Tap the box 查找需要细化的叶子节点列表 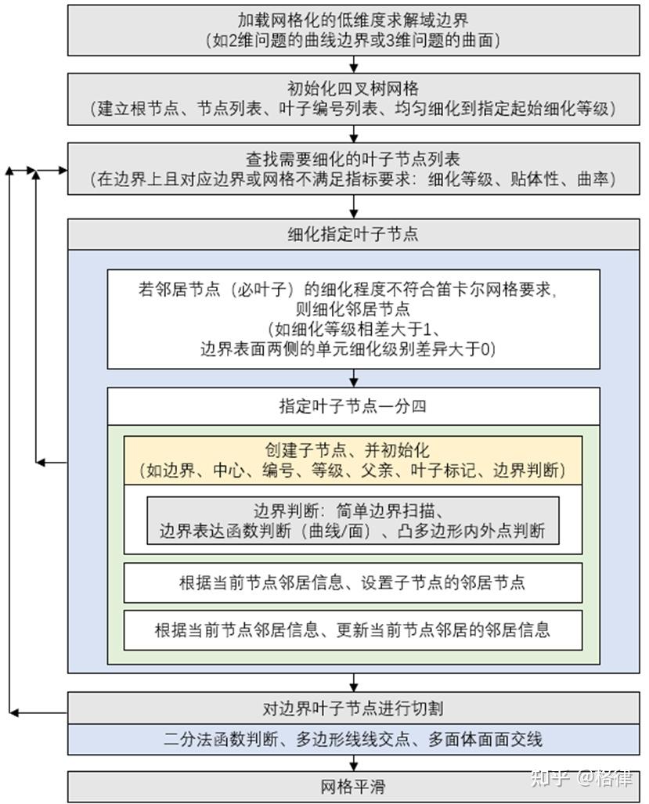click(x=353, y=169)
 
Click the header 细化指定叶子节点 click(x=353, y=234)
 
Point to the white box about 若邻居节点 click(x=353, y=319)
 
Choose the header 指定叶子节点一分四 click(x=353, y=406)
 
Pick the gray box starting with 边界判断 click(x=353, y=521)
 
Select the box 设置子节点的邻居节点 click(x=353, y=582)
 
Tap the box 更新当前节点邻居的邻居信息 click(x=353, y=629)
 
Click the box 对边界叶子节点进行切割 click(x=353, y=708)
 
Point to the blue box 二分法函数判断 click(x=353, y=739)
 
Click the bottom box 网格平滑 click(x=353, y=786)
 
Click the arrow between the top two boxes click(x=354, y=65)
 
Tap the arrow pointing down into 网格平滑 click(x=354, y=763)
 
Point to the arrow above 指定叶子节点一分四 click(x=354, y=378)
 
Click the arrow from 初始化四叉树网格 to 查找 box click(x=354, y=134)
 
